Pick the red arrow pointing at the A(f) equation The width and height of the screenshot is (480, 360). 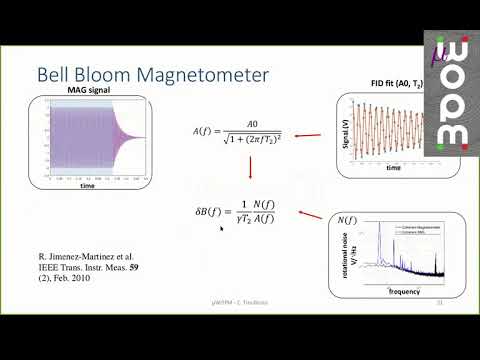coord(308,136)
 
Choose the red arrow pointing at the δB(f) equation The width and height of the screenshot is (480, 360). coord(312,218)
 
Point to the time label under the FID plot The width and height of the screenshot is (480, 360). coord(394,169)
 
